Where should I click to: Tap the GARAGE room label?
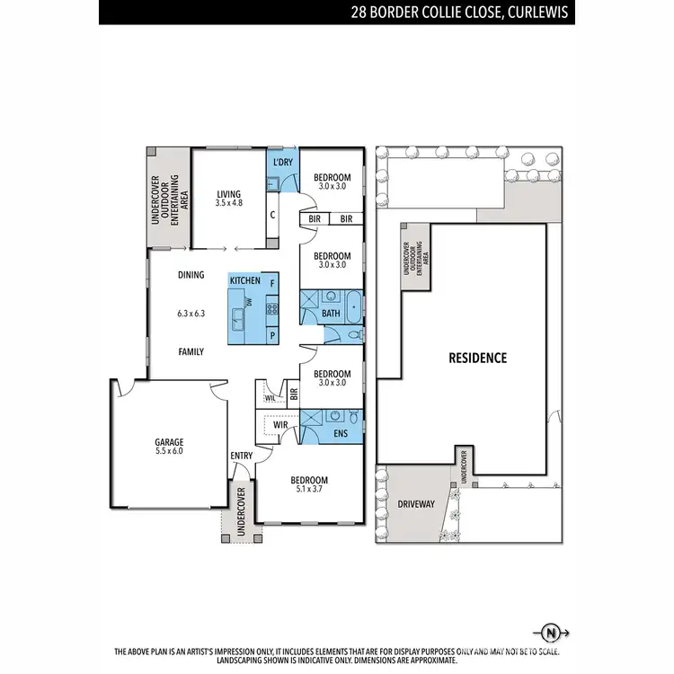click(x=168, y=441)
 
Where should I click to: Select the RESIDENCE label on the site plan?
click(x=477, y=358)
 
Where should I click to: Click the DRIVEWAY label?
click(x=415, y=504)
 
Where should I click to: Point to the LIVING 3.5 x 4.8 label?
click(x=229, y=198)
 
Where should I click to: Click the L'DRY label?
click(x=282, y=162)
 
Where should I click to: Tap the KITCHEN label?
click(x=245, y=281)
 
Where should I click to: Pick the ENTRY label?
click(x=241, y=456)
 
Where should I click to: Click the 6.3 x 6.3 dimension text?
click(x=191, y=314)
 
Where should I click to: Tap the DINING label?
click(x=191, y=275)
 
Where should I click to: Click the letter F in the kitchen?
click(x=272, y=283)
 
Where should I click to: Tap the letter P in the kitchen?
click(x=271, y=334)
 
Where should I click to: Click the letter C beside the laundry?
click(x=272, y=215)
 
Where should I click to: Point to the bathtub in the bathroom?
click(x=352, y=307)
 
